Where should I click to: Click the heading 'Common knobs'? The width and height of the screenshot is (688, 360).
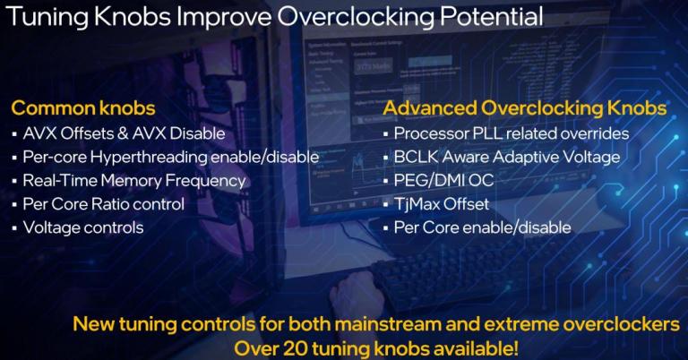click(x=83, y=109)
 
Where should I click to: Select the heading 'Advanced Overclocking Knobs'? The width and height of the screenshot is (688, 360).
click(x=525, y=109)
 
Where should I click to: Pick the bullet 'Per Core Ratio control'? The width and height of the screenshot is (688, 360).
click(x=103, y=203)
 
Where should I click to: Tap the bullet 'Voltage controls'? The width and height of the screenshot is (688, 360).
click(x=82, y=227)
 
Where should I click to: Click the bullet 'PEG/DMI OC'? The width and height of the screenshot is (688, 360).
click(x=443, y=180)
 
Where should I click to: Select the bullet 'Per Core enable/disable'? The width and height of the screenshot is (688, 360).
click(x=482, y=227)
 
